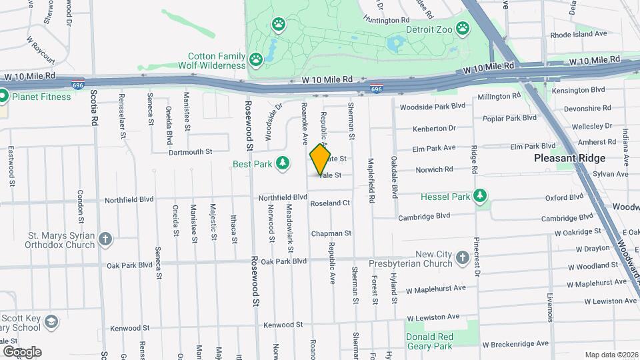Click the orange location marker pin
click(x=320, y=159)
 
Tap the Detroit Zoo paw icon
click(x=463, y=29)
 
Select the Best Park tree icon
click(x=283, y=163)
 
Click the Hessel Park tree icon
click(x=479, y=196)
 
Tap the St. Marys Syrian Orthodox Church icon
click(x=105, y=239)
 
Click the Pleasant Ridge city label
click(x=570, y=158)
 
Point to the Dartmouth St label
click(x=190, y=152)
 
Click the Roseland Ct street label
click(x=330, y=203)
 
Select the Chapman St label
click(x=331, y=233)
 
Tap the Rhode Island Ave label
click(x=579, y=33)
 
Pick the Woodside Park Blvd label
click(x=432, y=106)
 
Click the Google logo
click(x=22, y=351)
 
